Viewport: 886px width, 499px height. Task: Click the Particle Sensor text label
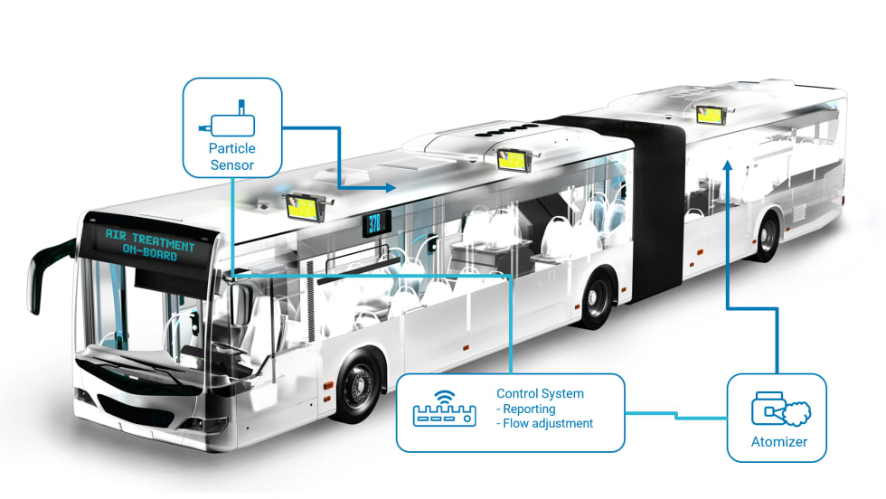pyautogui.click(x=232, y=156)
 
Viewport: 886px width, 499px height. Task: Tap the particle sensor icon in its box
pyautogui.click(x=232, y=121)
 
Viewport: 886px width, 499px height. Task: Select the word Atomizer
pyautogui.click(x=778, y=442)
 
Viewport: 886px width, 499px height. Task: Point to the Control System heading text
pyautogui.click(x=540, y=393)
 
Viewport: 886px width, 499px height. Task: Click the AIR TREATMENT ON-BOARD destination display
pyautogui.click(x=149, y=245)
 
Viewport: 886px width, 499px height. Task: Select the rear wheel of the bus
pyautogui.click(x=767, y=236)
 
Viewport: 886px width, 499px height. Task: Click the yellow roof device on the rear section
pyautogui.click(x=711, y=115)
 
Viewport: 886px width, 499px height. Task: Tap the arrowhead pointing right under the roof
pyautogui.click(x=390, y=188)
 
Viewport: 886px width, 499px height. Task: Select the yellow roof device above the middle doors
pyautogui.click(x=514, y=159)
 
